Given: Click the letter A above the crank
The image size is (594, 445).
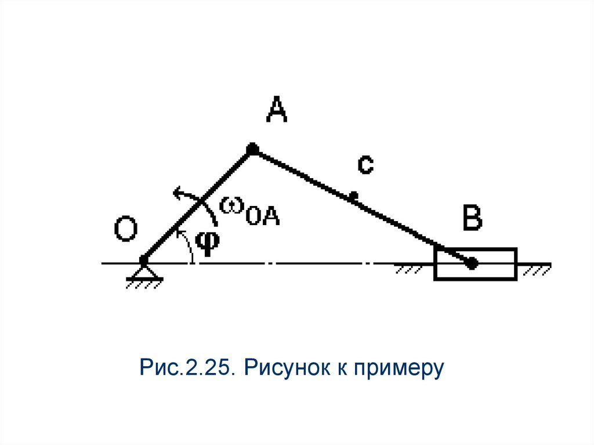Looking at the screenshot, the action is coord(277,110).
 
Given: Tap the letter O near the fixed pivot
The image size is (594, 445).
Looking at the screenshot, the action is coord(125,230).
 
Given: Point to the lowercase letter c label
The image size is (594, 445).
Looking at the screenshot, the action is coord(365,165).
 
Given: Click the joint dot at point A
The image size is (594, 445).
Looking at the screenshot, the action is coord(252,150).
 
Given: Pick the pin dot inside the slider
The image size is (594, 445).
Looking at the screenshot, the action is coord(472,263).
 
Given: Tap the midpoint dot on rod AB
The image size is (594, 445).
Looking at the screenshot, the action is coord(353,197).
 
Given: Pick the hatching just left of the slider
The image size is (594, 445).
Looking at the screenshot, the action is coord(412,269).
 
